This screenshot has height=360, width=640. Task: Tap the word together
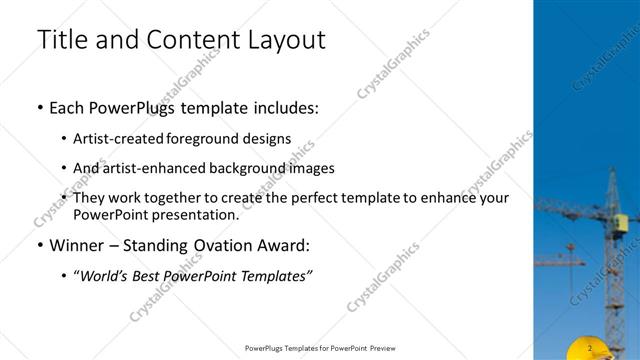coord(177,198)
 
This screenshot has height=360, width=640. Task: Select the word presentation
coord(197,214)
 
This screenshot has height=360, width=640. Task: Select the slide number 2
coord(591,348)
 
